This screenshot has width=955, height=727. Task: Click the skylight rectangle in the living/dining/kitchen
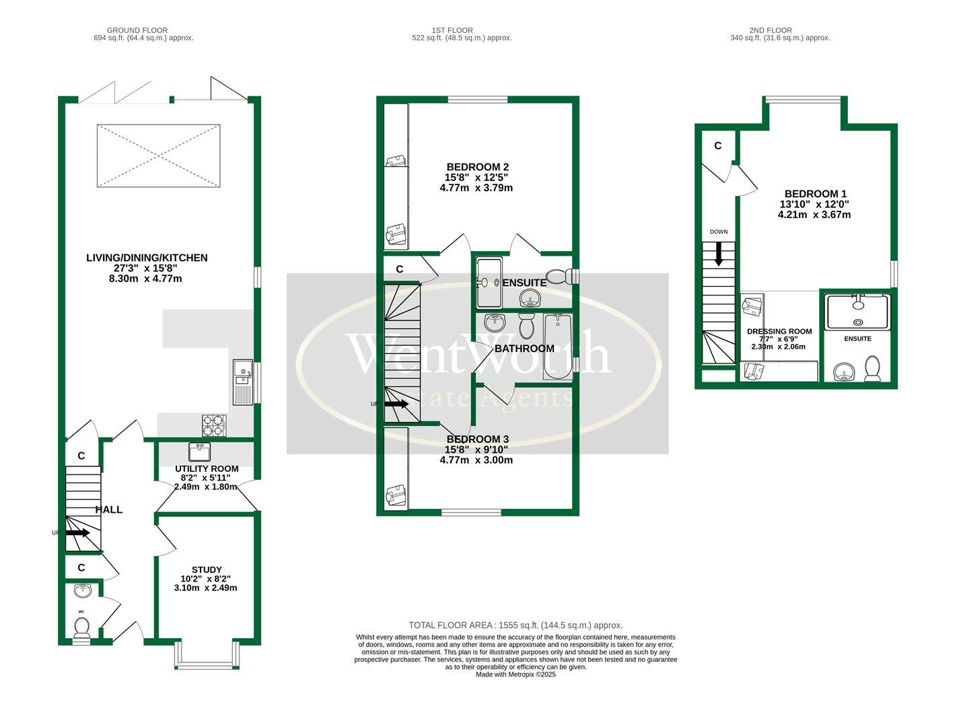click(158, 155)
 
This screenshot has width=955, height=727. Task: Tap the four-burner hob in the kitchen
click(214, 425)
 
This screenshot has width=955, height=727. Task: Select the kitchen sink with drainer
click(242, 382)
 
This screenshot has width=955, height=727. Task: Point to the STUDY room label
click(206, 569)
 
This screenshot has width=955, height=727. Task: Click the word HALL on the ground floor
click(108, 510)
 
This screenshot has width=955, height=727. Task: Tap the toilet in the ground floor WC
click(82, 628)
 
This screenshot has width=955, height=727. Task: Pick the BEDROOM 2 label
click(477, 167)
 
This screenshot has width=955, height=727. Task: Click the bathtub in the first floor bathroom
click(557, 346)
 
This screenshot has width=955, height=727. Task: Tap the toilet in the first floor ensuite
click(558, 277)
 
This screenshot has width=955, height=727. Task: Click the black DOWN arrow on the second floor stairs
click(719, 253)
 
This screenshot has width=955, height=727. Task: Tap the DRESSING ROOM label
click(779, 331)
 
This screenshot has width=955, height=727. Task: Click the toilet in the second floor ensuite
click(872, 369)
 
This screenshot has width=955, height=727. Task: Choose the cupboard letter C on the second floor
click(717, 145)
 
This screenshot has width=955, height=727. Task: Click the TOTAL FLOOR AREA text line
click(516, 625)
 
